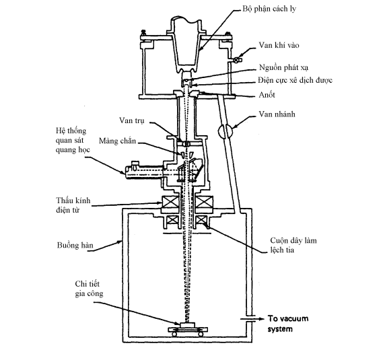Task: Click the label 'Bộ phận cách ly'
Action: (269, 9)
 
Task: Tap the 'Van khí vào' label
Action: (279, 45)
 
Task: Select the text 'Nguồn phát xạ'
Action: (283, 67)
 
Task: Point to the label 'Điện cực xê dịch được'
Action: (295, 80)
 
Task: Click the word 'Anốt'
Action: (267, 94)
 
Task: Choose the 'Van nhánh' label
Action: (277, 114)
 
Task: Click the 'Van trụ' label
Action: (132, 120)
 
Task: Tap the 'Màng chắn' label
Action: (117, 141)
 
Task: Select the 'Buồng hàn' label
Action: (75, 245)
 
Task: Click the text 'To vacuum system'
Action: (288, 324)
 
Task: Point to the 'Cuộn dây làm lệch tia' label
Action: (293, 245)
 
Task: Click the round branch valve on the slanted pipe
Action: (226, 132)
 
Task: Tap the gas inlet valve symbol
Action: (236, 60)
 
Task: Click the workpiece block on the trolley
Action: (188, 325)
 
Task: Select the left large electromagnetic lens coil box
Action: (170, 203)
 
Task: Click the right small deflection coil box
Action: (201, 220)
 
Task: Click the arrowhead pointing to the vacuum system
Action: (261, 319)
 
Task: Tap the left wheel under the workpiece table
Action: (174, 334)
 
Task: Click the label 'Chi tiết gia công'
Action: (89, 289)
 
